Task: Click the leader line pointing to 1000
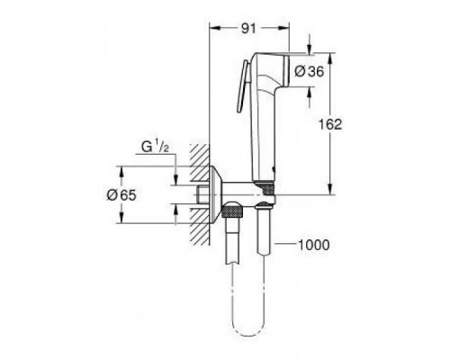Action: point(285,244)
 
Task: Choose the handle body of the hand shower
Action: point(262,135)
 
